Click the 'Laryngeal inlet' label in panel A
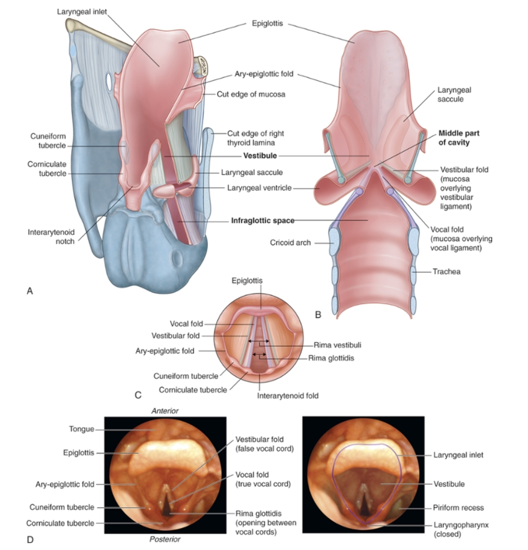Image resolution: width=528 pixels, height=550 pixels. [x=82, y=12]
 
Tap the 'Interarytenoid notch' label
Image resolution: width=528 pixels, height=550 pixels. [x=51, y=237]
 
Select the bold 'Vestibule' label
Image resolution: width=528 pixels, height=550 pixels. [x=260, y=156]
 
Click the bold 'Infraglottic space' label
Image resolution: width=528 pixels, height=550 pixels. [x=263, y=220]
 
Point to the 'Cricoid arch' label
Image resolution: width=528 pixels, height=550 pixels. [x=290, y=243]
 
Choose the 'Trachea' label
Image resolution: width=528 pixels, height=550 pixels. [x=446, y=272]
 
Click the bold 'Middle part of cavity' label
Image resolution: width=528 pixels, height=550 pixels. [x=458, y=138]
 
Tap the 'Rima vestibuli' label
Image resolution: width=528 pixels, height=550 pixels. [x=337, y=345]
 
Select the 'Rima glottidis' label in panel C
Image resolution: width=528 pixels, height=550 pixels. [x=331, y=358]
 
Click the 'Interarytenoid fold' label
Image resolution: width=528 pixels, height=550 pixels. [x=287, y=396]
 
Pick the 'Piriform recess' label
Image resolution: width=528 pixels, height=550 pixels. [x=458, y=508]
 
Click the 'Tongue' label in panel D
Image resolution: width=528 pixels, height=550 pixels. [x=81, y=429]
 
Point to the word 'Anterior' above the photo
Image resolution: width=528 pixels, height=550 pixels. [x=165, y=411]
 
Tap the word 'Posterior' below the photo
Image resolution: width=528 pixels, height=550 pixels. [x=165, y=539]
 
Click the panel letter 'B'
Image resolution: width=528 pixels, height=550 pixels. [x=318, y=315]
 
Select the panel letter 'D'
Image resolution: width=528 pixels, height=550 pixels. [x=30, y=540]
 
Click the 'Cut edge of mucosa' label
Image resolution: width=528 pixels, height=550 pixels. [x=251, y=94]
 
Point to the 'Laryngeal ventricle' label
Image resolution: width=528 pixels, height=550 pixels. [x=259, y=188]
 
